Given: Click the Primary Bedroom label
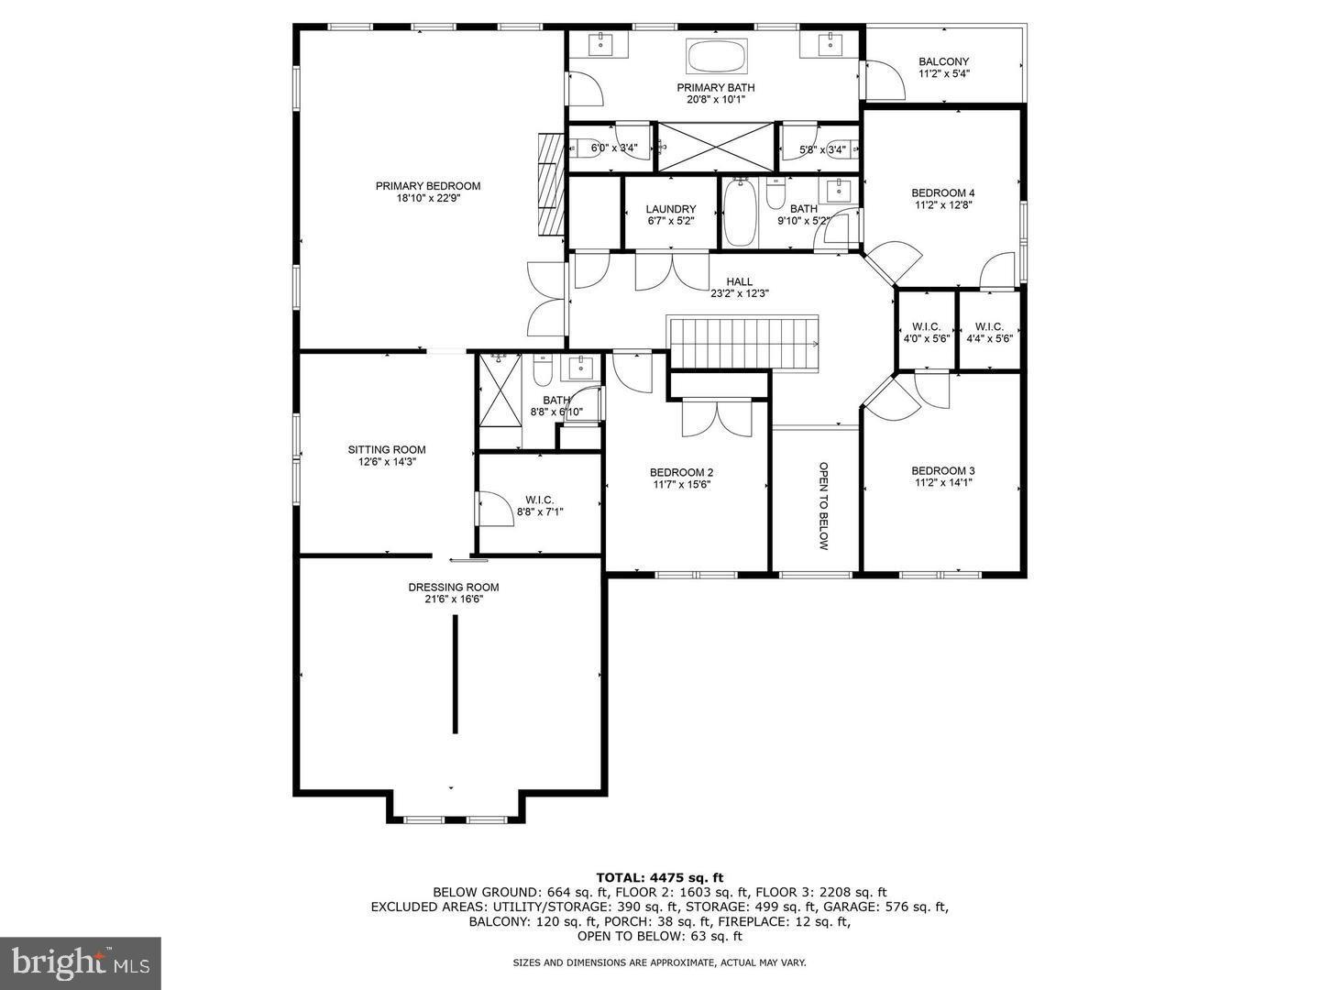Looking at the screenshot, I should (427, 186).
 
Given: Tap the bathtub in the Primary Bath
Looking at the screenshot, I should (717, 57).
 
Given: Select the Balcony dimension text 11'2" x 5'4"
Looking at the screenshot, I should (943, 74).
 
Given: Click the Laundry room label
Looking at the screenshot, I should (670, 209).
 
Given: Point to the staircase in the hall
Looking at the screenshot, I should (743, 343).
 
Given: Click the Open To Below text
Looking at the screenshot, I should (822, 505).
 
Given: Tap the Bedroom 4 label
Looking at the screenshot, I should (942, 192).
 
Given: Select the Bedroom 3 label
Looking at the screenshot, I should (942, 470).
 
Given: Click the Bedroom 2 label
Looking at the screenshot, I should (681, 473).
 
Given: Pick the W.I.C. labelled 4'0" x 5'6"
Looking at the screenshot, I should (926, 326).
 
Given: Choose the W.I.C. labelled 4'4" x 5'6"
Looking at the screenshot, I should (989, 326).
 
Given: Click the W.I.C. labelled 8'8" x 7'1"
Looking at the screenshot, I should (540, 500).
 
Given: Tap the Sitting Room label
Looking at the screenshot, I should (386, 449).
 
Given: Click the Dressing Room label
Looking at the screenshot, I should (453, 588).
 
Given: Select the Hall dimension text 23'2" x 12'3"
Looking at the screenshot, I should (739, 294).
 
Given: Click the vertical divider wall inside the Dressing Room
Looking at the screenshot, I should (455, 674).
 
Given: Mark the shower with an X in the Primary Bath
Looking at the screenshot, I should (717, 147).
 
